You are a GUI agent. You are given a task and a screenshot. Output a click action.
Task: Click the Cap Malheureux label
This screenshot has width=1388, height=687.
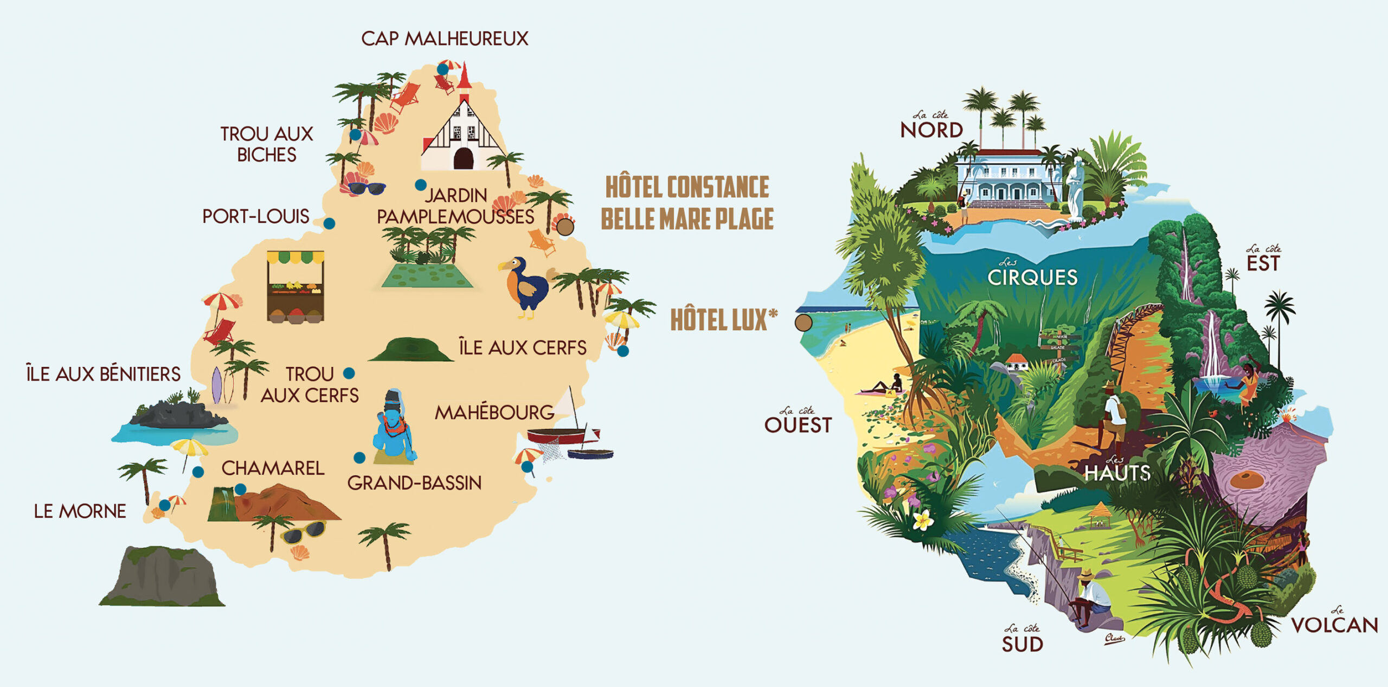[x=445, y=39]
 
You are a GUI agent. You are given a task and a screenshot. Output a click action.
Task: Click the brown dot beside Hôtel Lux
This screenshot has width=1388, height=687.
[x=804, y=323]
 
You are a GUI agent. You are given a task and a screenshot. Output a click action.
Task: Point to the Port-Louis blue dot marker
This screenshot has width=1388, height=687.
[x=329, y=223]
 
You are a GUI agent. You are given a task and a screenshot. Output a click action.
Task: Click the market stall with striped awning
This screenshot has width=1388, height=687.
[x=295, y=286]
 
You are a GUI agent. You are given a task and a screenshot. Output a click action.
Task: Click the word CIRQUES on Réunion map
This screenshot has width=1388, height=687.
[x=1032, y=278]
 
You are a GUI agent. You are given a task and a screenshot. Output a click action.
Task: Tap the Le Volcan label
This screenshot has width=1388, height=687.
[x=1334, y=624]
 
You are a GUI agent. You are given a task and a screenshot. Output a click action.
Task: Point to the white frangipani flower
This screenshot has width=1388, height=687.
[x=923, y=521]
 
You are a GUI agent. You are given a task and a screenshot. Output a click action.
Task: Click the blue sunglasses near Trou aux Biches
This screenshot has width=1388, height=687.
[x=367, y=189]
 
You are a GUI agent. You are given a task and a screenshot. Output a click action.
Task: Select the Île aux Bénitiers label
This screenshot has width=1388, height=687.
[x=103, y=374]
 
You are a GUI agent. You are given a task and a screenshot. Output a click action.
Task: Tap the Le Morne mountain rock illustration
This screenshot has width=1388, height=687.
[x=162, y=577]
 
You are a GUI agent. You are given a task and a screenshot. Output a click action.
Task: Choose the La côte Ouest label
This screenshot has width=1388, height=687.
[x=798, y=422]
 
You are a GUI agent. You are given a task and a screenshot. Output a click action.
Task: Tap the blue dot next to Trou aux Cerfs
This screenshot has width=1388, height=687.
[x=349, y=373]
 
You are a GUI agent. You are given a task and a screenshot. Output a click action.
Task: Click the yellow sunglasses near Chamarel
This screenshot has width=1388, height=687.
[x=304, y=531]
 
